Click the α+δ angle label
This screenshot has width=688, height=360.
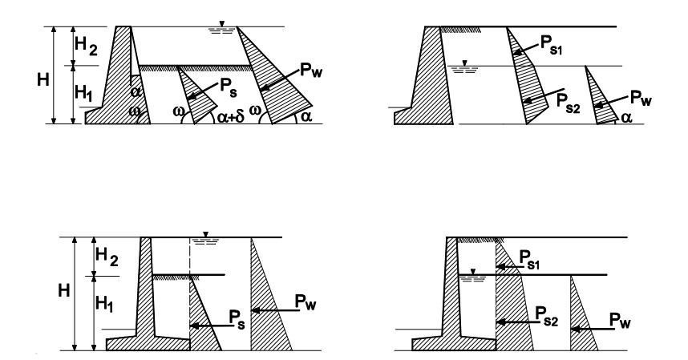pos(231,117)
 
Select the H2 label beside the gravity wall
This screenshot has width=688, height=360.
pos(86,46)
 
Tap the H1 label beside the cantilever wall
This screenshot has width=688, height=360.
pos(104,303)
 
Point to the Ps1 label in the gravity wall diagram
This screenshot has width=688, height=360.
pos(551,45)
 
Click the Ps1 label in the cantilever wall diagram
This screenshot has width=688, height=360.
pos(530,259)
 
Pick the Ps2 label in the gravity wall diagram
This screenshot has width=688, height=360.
pos(569,103)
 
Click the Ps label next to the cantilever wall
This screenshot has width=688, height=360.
pos(237,319)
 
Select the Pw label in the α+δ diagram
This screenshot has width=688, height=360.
pos(311,71)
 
